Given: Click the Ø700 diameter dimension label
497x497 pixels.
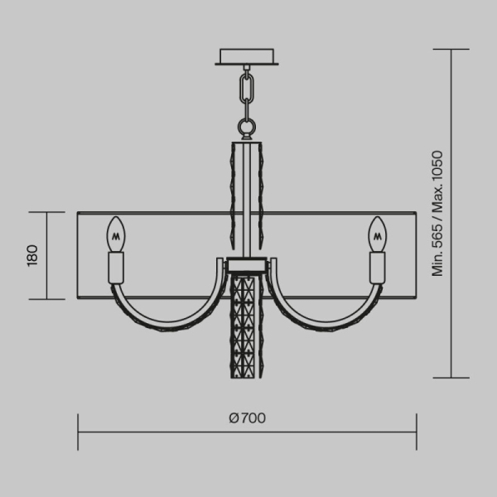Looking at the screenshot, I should pyautogui.click(x=247, y=417).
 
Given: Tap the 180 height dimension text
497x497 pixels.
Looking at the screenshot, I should pyautogui.click(x=32, y=255).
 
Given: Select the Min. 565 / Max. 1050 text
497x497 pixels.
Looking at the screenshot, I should pyautogui.click(x=437, y=214).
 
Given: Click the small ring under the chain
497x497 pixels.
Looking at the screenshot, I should pyautogui.click(x=247, y=127).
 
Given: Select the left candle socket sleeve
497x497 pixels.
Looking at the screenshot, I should pyautogui.click(x=116, y=267).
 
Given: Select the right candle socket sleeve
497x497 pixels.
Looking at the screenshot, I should pyautogui.click(x=379, y=267).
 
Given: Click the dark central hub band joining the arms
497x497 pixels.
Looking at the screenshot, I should pyautogui.click(x=247, y=266).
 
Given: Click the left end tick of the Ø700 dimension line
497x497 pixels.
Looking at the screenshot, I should pyautogui.click(x=79, y=432).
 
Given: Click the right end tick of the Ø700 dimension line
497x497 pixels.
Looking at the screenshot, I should pyautogui.click(x=416, y=432).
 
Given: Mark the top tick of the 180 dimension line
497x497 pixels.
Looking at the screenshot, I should pyautogui.click(x=46, y=213).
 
